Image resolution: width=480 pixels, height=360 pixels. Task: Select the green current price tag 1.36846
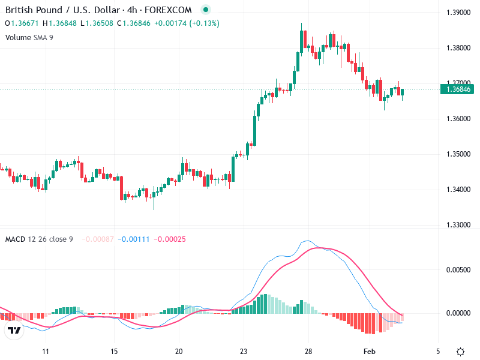457,89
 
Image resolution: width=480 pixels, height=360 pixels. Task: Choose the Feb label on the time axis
370,351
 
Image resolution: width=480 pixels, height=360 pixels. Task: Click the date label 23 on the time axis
244,351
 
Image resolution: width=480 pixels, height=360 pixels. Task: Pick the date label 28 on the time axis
308,351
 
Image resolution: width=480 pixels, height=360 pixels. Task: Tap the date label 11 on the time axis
45,351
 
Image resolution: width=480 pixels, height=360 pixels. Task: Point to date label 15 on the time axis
114,351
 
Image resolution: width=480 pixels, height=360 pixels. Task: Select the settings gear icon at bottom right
460,352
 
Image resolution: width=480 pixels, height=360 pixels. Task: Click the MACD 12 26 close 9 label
39,239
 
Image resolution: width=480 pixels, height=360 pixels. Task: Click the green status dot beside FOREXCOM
206,10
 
